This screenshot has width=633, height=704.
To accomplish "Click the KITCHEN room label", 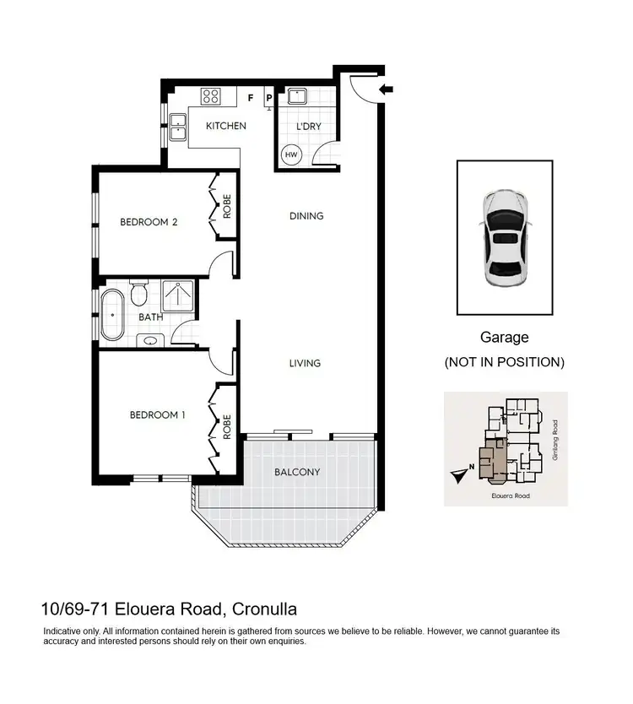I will [226, 126].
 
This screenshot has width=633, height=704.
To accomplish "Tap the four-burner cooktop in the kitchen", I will [210, 96].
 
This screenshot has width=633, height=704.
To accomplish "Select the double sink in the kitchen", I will [178, 129].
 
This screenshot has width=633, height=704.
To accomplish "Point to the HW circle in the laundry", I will [291, 155].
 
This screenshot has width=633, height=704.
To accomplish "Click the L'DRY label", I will [308, 127].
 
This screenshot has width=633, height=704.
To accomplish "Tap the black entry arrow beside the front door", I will [387, 89].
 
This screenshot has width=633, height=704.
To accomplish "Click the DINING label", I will [306, 216].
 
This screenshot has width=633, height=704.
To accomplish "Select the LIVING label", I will [305, 363].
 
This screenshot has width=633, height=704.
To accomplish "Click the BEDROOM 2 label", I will [149, 223].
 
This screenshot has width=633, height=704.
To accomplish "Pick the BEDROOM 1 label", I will [157, 414].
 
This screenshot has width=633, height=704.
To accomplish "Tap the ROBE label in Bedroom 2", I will [227, 208].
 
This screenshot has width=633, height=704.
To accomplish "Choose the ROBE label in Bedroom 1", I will [227, 427].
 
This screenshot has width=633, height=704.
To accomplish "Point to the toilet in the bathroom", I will [141, 292].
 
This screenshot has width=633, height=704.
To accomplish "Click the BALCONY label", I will [297, 472].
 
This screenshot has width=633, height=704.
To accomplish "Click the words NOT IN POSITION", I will [504, 362].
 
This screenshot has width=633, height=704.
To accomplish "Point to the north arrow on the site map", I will [458, 475].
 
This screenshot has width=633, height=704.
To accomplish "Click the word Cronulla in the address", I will [262, 609].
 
